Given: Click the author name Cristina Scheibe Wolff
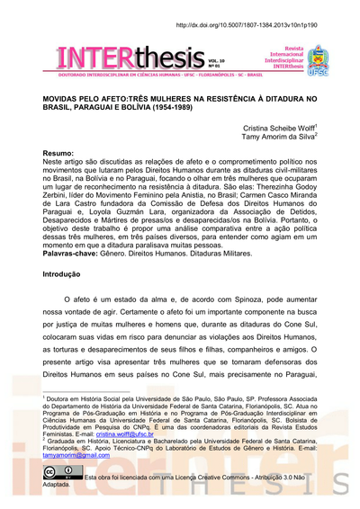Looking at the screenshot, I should click(x=276, y=129).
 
